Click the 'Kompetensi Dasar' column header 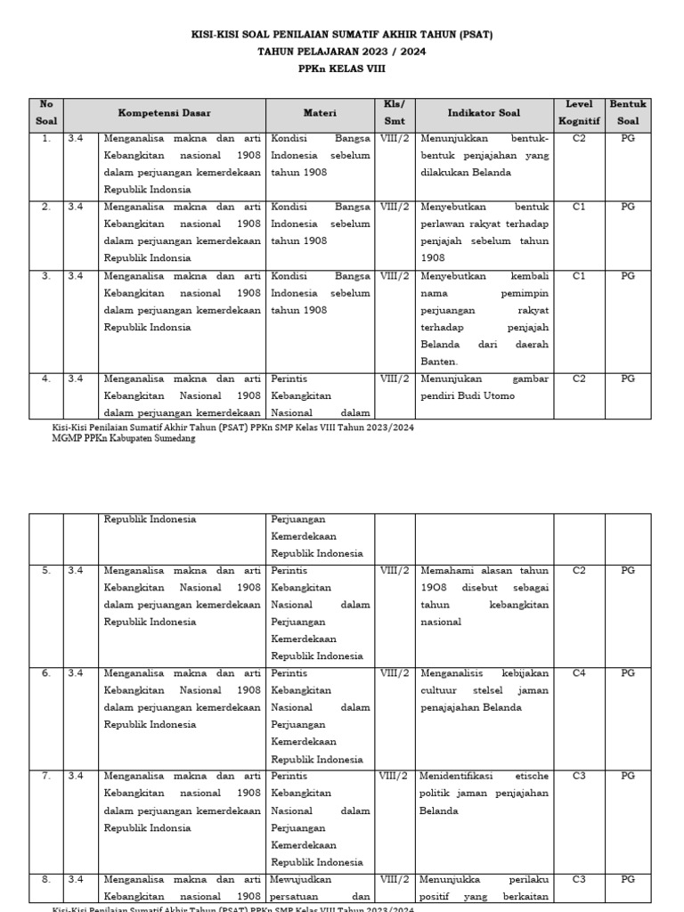pos(165,114)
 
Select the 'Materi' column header pos(320,114)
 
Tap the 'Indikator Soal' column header pos(484,114)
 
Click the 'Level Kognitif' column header pos(579,113)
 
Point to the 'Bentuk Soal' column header pos(628,113)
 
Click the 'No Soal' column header pos(45,113)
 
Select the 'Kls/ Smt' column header pos(394,113)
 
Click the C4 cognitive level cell pos(579,673)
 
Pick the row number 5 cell pos(45,571)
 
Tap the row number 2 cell pos(45,207)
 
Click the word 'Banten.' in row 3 pos(439,362)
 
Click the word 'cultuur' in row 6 pos(439,690)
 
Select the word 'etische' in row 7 pos(528,776)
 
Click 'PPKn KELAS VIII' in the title pos(342,68)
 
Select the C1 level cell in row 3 pos(579,276)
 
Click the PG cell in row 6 pos(628,673)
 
